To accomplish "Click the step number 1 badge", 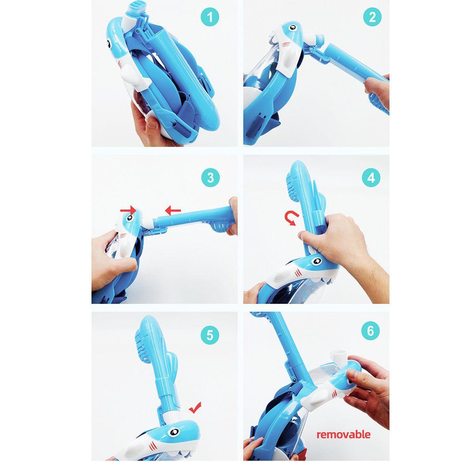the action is click(x=210, y=17).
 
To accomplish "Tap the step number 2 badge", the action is click(x=372, y=17).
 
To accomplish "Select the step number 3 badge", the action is click(x=210, y=178).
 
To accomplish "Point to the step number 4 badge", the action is click(x=371, y=178).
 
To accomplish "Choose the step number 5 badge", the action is click(x=210, y=334).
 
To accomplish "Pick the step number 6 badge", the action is click(x=371, y=331).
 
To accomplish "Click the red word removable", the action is click(x=343, y=434).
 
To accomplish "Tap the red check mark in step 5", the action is click(x=195, y=407).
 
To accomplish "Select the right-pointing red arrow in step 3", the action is click(x=128, y=210).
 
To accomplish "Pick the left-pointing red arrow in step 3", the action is click(x=173, y=210).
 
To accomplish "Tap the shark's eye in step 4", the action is click(x=317, y=261).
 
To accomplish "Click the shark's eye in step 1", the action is click(x=109, y=44).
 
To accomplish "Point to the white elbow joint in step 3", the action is click(x=148, y=222).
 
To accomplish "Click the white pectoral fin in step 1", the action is click(x=132, y=77).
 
